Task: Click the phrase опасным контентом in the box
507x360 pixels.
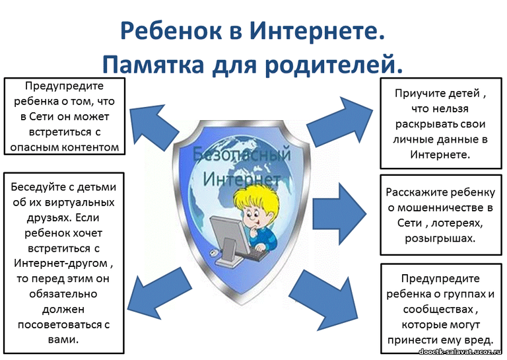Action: (x=65, y=147)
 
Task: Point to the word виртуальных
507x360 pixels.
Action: (x=80, y=203)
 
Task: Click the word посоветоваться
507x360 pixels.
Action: (x=59, y=325)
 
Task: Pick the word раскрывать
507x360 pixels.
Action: (x=420, y=125)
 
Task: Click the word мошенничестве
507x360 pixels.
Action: (x=437, y=207)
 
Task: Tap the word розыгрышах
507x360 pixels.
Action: (x=440, y=238)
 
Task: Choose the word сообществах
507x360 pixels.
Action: (x=438, y=310)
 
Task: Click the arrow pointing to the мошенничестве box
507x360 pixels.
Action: (x=339, y=213)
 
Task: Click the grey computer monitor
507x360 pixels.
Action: (x=230, y=240)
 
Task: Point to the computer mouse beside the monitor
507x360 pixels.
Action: (x=213, y=252)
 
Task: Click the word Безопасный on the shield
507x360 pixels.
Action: (x=242, y=155)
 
